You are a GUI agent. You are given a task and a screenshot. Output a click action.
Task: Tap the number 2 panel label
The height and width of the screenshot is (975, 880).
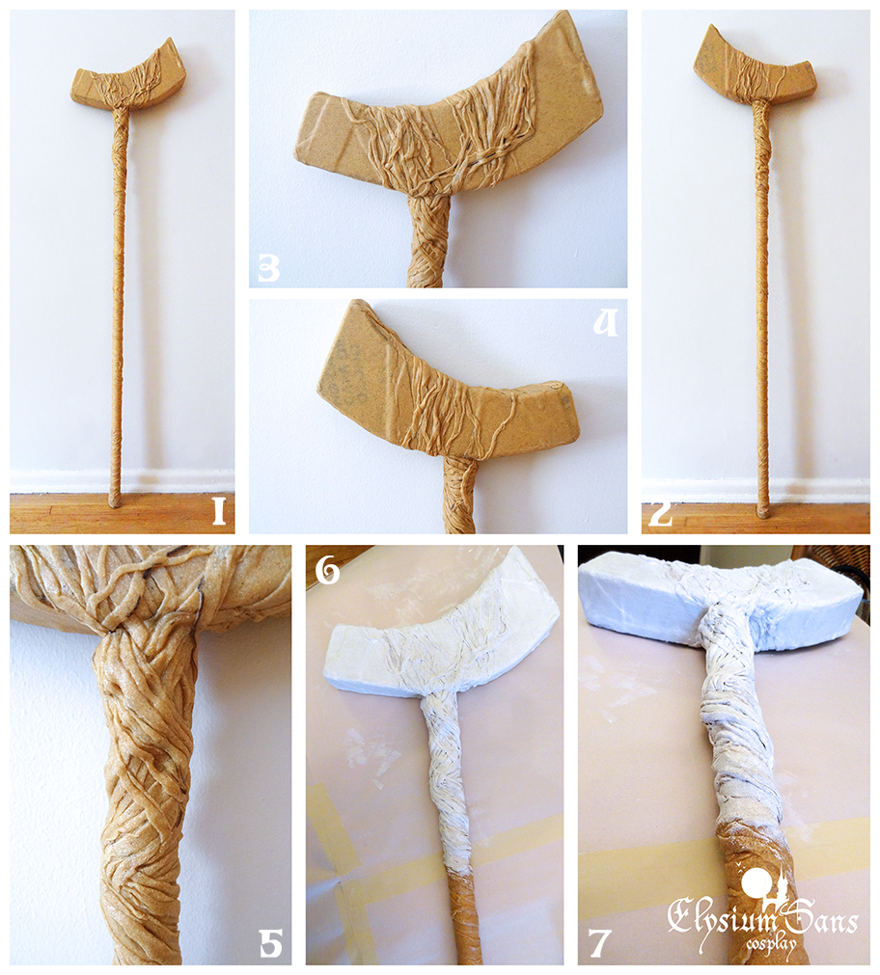coord(660,514)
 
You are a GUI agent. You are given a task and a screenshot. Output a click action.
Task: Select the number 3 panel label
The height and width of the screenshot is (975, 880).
coord(269,269)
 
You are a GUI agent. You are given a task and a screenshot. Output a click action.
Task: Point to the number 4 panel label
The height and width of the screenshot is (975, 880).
coord(605,323)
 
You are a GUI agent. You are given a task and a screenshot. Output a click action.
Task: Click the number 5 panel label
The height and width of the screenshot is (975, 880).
coord(270,942)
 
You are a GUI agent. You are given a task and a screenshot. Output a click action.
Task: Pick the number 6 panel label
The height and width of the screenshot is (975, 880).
coord(328,571)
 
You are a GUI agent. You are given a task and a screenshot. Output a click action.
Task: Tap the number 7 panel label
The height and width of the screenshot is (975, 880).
coord(598,942)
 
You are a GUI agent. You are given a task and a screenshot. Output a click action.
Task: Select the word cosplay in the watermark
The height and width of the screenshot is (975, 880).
coord(771,943)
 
